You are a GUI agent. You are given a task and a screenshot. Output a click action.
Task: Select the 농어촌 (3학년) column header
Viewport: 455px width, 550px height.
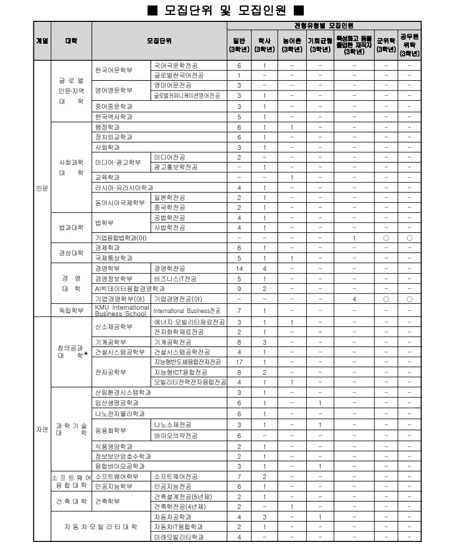[x=292, y=45]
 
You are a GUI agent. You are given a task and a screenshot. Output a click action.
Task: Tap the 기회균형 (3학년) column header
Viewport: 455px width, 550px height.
[x=319, y=45]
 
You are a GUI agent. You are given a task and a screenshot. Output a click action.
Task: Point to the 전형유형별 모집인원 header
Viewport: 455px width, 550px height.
[x=324, y=25]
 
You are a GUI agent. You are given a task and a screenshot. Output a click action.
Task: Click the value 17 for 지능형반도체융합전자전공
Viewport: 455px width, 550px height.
[x=239, y=362]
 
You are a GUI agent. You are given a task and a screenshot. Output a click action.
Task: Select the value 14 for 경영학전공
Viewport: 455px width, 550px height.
[x=239, y=269]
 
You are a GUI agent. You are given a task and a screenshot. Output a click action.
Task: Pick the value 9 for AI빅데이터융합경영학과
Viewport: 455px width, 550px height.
[x=239, y=289]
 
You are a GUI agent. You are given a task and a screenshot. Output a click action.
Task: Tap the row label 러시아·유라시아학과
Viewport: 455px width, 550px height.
[x=124, y=187]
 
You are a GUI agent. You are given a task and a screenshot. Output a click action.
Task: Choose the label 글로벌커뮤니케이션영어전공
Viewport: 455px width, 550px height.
[x=190, y=96]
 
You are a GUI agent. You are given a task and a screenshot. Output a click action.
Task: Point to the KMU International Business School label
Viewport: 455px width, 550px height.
[x=121, y=310]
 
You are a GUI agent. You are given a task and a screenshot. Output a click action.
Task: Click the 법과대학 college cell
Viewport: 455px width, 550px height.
[x=71, y=227]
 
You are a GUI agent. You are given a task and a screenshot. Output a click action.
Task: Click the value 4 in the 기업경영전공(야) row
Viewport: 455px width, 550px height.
[x=354, y=299]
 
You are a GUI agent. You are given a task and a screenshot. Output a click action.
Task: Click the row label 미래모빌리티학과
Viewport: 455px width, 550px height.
[x=179, y=537]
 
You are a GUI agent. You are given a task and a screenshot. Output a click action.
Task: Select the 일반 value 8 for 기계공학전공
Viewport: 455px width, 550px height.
[x=239, y=342]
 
